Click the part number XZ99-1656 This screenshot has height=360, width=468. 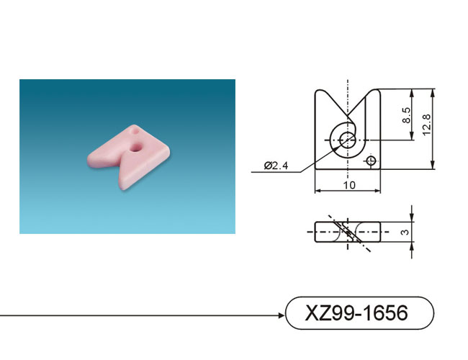pos(356,312)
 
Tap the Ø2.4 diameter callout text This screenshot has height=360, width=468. pos(276,166)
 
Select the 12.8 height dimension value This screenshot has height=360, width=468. pos(427,125)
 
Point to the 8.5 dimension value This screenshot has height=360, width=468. pos(406,115)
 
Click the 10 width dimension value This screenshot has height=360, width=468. pos(349,185)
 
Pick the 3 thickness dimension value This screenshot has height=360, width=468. pos(405,232)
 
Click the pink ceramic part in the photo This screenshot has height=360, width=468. pos(129,156)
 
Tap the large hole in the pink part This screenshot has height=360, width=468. pos(136,147)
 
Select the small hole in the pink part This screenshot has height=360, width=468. pos(135,131)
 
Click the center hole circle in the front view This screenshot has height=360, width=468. pos(348,140)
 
